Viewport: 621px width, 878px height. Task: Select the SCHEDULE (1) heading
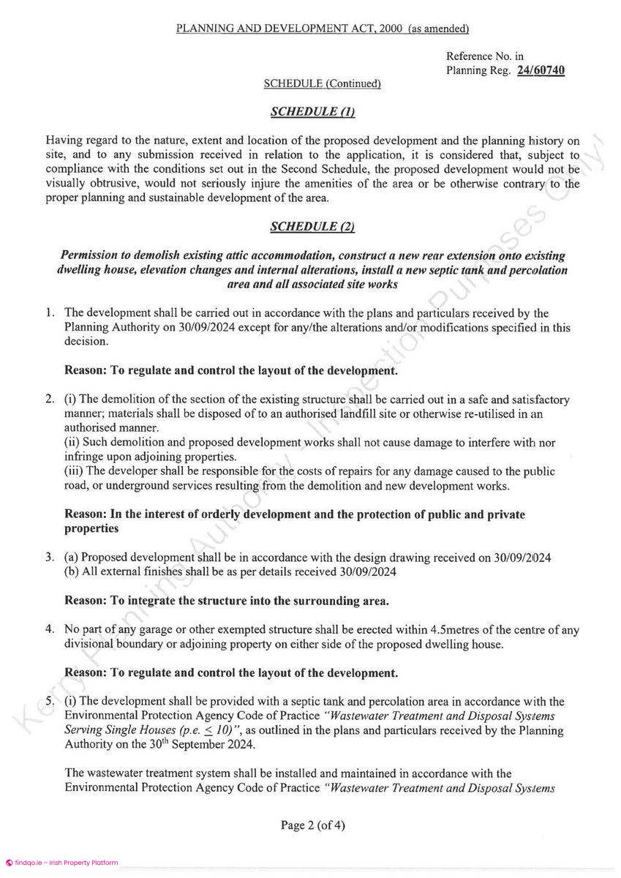312,111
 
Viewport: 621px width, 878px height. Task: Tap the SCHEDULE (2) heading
312,227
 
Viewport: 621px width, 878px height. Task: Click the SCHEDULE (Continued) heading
323,84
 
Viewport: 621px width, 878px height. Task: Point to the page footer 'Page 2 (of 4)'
313,825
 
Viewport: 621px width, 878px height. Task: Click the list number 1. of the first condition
50,314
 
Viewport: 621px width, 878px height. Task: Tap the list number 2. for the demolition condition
50,400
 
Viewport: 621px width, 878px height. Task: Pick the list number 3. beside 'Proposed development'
50,558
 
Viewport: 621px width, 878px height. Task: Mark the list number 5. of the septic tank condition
50,700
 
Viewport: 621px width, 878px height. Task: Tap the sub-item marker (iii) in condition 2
75,471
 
